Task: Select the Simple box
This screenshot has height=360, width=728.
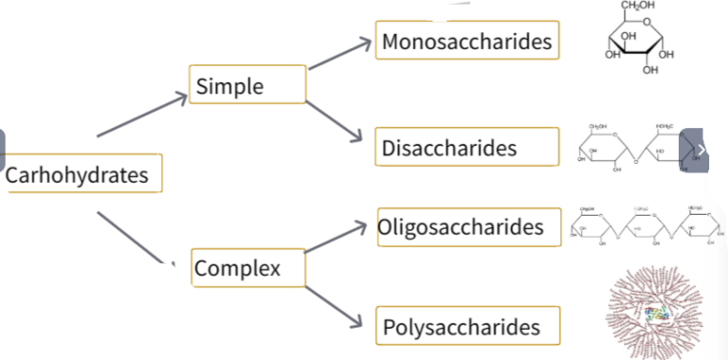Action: (247, 84)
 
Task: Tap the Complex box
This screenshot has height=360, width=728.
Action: (249, 268)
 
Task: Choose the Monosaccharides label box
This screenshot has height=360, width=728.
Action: (465, 42)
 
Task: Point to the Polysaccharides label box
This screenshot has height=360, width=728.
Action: (467, 328)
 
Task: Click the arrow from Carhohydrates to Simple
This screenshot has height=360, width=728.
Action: (142, 116)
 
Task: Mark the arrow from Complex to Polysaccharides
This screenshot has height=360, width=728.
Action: (334, 302)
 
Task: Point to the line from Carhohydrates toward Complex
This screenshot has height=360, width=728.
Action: (133, 236)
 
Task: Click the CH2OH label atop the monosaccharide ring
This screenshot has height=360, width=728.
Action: (638, 7)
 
